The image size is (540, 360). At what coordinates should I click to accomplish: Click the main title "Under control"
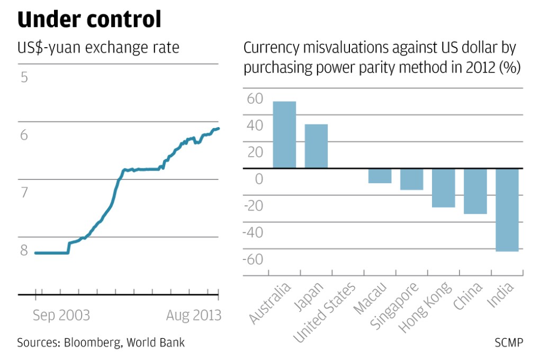point(89,19)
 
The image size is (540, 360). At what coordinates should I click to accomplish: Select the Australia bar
point(284,135)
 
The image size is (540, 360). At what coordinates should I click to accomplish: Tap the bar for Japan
point(316,146)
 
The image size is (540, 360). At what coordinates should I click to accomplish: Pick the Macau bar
point(380,176)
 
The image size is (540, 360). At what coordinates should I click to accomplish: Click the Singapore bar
point(411,179)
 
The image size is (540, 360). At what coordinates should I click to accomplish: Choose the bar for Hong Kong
point(443,188)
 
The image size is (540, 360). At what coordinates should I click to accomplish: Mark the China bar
point(475,191)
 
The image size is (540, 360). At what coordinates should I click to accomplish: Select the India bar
point(507,210)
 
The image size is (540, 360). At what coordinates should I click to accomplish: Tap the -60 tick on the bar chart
point(252,259)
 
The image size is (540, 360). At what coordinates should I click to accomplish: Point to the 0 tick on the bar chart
point(258,179)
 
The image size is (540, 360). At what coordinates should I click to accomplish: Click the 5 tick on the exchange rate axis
point(24,77)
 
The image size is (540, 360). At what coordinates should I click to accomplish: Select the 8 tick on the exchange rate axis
point(24,250)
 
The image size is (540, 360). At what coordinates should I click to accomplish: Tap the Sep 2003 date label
point(61,316)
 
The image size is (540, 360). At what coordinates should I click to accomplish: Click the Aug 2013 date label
point(193,316)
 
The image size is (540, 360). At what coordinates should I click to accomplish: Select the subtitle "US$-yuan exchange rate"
point(98,48)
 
